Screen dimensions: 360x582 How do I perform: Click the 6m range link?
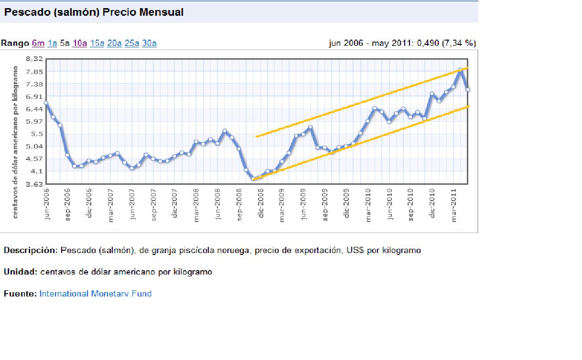(x=38, y=43)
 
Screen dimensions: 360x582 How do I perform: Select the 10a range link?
(x=79, y=43)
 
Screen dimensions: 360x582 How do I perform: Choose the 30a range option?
(x=149, y=43)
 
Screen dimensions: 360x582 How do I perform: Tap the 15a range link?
(x=97, y=43)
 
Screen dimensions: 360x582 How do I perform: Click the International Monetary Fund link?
(x=96, y=294)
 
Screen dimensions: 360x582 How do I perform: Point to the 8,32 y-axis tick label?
(x=34, y=59)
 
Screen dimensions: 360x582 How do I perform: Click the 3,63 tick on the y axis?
(x=34, y=184)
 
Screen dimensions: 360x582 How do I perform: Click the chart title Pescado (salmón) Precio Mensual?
(x=94, y=12)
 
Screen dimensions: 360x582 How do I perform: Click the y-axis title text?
(x=16, y=142)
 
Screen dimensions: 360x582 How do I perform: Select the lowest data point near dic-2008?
(x=253, y=179)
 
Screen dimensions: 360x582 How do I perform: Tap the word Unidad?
(x=19, y=272)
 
